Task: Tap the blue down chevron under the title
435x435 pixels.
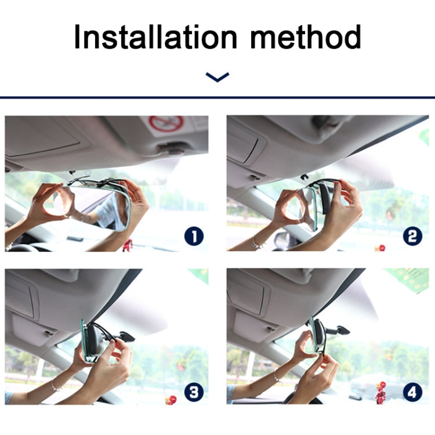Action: (x=217, y=77)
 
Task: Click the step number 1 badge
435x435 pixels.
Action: (x=194, y=236)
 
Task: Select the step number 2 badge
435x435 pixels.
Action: (x=412, y=236)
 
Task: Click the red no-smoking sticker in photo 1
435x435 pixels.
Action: (x=166, y=124)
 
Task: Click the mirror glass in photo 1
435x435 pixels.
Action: (x=93, y=206)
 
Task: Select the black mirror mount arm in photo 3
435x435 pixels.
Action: (x=124, y=336)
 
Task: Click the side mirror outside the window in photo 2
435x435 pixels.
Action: (x=281, y=239)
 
